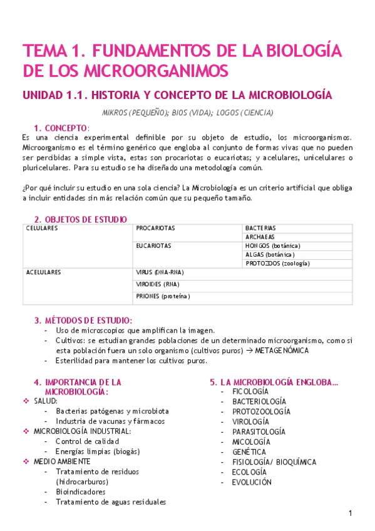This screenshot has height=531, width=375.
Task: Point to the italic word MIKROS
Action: coord(116,113)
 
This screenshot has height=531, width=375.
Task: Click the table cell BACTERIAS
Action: coord(260,228)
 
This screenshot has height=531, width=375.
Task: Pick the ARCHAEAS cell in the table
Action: coord(260,237)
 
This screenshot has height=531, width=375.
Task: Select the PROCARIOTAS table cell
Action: coord(155,228)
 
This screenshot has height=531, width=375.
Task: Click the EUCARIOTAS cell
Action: coord(153,246)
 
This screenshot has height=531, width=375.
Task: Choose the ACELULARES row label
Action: coord(44,272)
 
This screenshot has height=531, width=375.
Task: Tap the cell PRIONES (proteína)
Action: coord(163,296)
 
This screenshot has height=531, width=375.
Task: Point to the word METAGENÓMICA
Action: coord(282,351)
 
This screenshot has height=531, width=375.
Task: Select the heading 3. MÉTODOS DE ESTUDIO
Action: coord(83,320)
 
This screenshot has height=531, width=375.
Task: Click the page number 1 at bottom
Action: coord(351,513)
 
